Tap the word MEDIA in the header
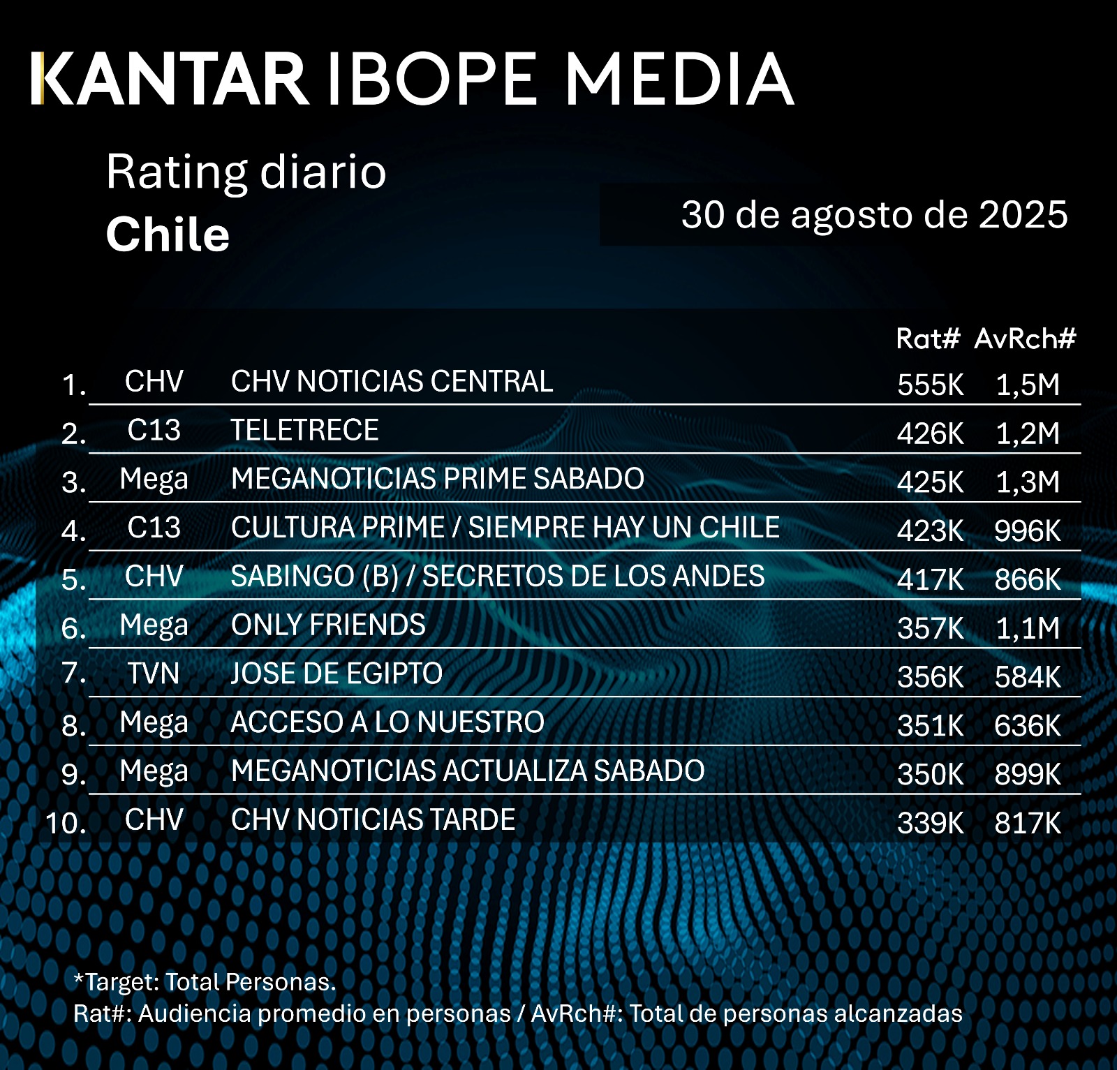pos(679,78)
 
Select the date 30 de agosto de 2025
pos(874,214)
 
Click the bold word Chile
pos(168,235)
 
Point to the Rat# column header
pos(928,339)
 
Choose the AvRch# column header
pos(1025,339)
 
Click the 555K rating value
pos(930,385)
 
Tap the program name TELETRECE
pos(304,430)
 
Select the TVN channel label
pos(154,674)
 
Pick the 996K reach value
pos(1027,531)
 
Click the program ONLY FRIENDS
pos(328,625)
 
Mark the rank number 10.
pos(66,823)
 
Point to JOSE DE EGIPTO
pos(336,674)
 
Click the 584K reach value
pos(1027,677)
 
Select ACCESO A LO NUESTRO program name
pos(387,722)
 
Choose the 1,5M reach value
pos(1027,385)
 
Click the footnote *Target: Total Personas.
pos(205,982)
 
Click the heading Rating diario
pos(246,172)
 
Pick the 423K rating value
pos(930,531)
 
